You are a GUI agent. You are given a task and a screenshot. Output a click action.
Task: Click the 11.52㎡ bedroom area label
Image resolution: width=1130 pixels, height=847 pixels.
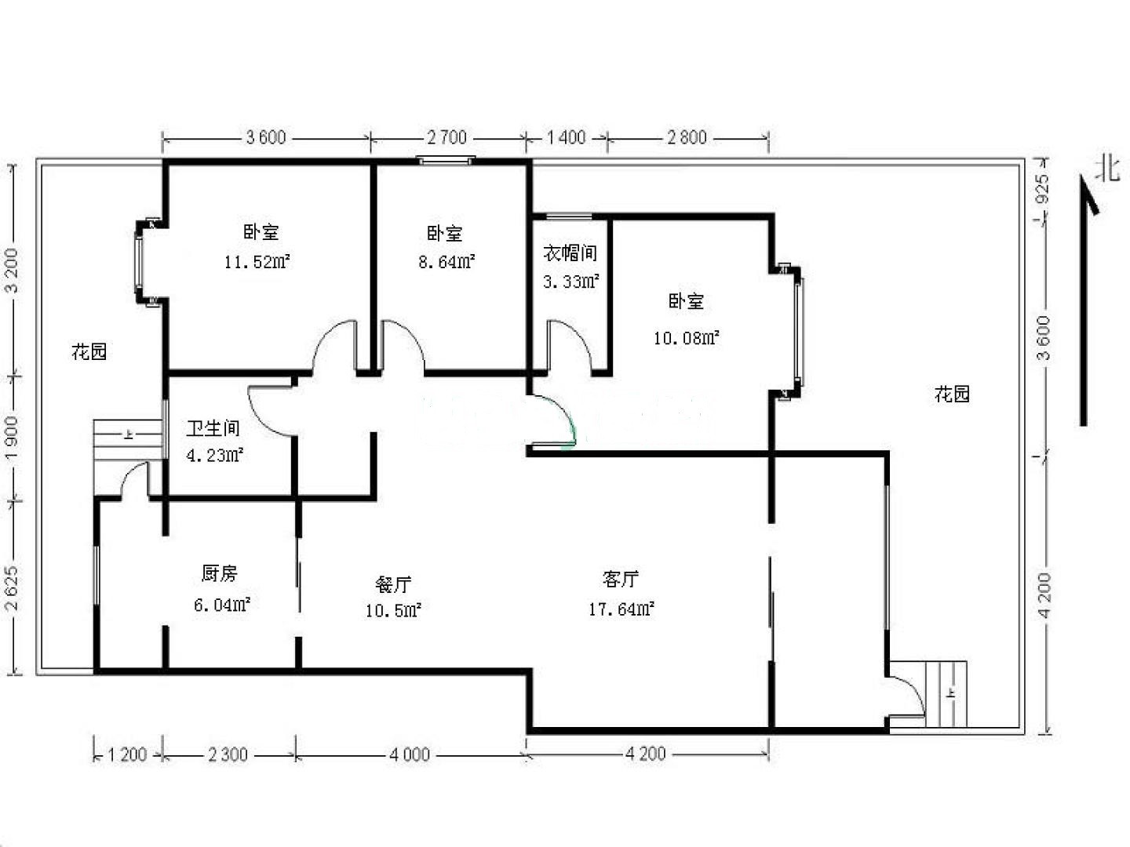(x=257, y=262)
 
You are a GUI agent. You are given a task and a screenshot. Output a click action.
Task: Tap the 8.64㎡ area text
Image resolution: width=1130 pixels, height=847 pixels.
(x=447, y=262)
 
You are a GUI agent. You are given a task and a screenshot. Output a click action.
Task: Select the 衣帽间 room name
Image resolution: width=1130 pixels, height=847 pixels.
(x=570, y=253)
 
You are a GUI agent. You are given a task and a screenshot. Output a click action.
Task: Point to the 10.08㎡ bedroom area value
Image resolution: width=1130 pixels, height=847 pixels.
(x=686, y=338)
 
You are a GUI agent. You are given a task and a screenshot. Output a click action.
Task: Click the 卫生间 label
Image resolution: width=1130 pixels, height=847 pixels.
(x=213, y=428)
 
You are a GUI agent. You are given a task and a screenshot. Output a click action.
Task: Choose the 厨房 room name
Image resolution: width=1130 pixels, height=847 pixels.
(x=219, y=573)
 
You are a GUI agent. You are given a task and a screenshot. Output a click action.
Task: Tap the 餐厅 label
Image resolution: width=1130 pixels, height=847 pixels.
(x=393, y=584)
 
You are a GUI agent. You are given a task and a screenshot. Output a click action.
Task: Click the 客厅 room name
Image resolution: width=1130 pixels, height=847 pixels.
(x=621, y=579)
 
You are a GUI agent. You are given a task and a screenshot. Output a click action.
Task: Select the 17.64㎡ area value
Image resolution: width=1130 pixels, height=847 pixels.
(x=621, y=609)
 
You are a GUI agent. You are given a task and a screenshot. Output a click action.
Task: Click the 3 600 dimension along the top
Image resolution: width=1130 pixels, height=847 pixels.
(x=266, y=137)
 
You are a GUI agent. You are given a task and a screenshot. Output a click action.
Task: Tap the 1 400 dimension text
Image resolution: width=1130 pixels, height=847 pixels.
(x=566, y=137)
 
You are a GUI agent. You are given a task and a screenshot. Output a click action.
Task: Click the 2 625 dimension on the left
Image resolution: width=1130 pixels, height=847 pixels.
(x=11, y=588)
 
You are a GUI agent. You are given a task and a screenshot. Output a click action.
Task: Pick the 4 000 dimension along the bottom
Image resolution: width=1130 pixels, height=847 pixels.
(x=410, y=754)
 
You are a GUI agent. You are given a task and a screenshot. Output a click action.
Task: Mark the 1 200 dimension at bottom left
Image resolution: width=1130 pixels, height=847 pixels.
(x=127, y=754)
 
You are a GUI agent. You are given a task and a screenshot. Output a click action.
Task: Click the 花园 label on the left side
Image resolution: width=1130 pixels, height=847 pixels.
(x=89, y=352)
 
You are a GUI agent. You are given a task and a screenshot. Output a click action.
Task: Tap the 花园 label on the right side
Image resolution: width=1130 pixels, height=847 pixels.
(x=952, y=394)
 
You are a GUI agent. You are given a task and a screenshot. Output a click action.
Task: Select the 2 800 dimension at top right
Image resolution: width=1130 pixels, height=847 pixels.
(x=687, y=137)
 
